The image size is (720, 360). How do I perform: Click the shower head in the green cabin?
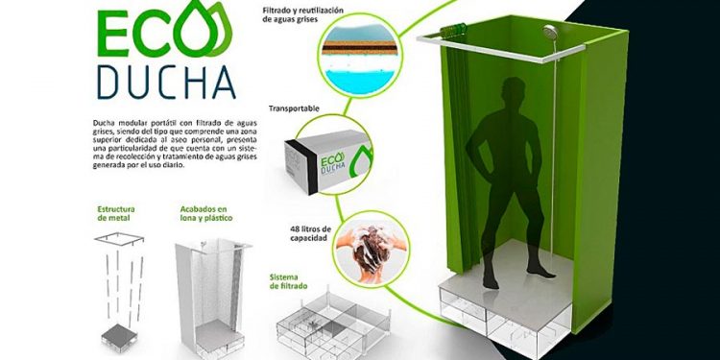coord(550,32)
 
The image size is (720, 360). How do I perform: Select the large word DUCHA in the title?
coord(166,83)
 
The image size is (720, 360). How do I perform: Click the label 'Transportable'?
coord(294,108)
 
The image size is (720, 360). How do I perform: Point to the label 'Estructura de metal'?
coord(116,213)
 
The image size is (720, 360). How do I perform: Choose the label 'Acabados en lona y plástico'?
coord(206,213)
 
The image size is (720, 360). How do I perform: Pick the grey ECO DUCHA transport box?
coord(327,160)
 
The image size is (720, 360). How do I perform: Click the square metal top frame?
coord(119,239)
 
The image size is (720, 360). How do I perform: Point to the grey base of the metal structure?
coord(119,337)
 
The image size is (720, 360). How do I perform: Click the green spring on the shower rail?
coord(453,30)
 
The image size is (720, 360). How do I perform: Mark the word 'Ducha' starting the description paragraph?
coord(104,123)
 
